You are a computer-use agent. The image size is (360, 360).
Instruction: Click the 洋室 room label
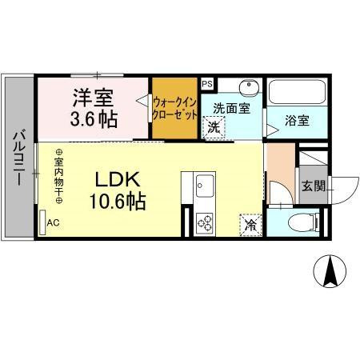tap(93, 98)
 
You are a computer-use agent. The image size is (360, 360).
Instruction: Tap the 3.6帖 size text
tap(93, 120)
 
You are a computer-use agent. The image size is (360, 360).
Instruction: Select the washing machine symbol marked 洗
tap(214, 126)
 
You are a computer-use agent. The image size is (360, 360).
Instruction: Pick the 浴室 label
tap(298, 122)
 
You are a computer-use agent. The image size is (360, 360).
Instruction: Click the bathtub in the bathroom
tap(296, 93)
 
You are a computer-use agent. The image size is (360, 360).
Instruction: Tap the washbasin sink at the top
tap(247, 86)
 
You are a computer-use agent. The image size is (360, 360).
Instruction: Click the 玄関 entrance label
tap(312, 186)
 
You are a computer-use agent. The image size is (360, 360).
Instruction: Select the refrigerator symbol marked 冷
tap(250, 225)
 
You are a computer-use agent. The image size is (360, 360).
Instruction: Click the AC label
tap(54, 223)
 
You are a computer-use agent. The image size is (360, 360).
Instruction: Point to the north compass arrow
tap(328, 272)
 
